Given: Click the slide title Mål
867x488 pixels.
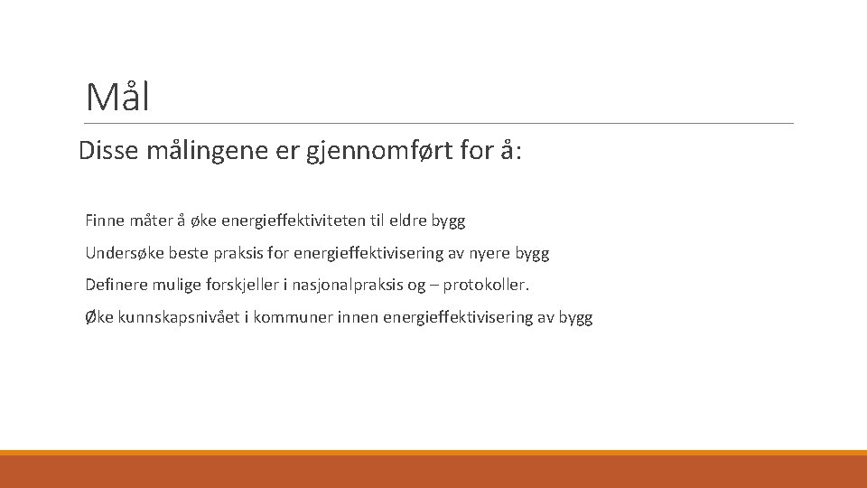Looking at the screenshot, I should (x=117, y=97).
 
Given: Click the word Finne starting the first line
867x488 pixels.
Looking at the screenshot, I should (x=105, y=221).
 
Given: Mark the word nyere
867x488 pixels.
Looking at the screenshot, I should (x=489, y=253).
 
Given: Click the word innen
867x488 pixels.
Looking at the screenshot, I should (x=357, y=318).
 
